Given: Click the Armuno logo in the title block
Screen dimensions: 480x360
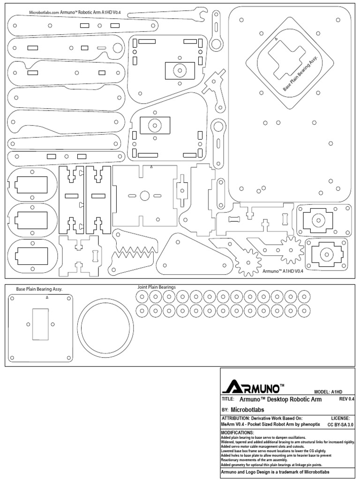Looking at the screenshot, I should coord(254,386).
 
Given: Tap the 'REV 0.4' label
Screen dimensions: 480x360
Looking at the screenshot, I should coord(346,399).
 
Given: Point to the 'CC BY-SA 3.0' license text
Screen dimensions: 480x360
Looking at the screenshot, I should coord(340,424).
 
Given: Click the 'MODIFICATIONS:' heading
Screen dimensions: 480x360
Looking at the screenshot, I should coord(237,432).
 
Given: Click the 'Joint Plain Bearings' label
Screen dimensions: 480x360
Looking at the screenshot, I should coord(156,287).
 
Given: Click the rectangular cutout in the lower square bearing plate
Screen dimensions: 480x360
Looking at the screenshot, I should coord(40,324).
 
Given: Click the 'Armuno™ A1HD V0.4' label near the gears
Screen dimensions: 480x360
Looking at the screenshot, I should coord(279,271).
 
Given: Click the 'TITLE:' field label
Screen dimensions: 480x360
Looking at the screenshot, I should coord(227,400).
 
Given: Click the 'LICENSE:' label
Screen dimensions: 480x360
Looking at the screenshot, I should coord(341,418).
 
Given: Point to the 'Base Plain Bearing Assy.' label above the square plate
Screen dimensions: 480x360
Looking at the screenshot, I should coord(39,289).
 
